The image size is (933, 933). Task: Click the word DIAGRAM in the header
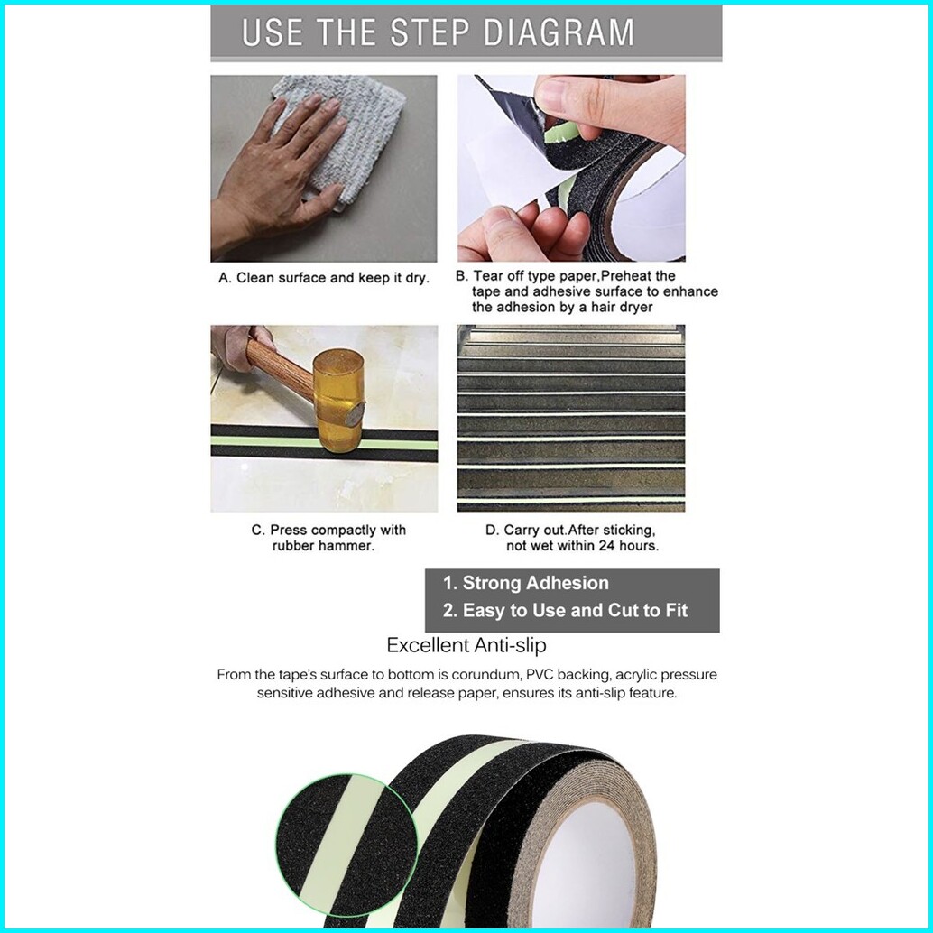(x=559, y=32)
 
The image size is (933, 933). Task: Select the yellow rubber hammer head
(x=338, y=401)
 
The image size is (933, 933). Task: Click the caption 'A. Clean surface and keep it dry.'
(x=324, y=278)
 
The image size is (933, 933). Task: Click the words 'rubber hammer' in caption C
(x=323, y=546)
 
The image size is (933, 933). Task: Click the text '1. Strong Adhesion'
(x=525, y=583)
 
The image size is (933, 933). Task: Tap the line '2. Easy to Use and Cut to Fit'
(x=565, y=611)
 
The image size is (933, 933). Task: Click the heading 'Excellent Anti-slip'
(x=466, y=645)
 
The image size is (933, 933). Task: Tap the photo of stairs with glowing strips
(x=571, y=419)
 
